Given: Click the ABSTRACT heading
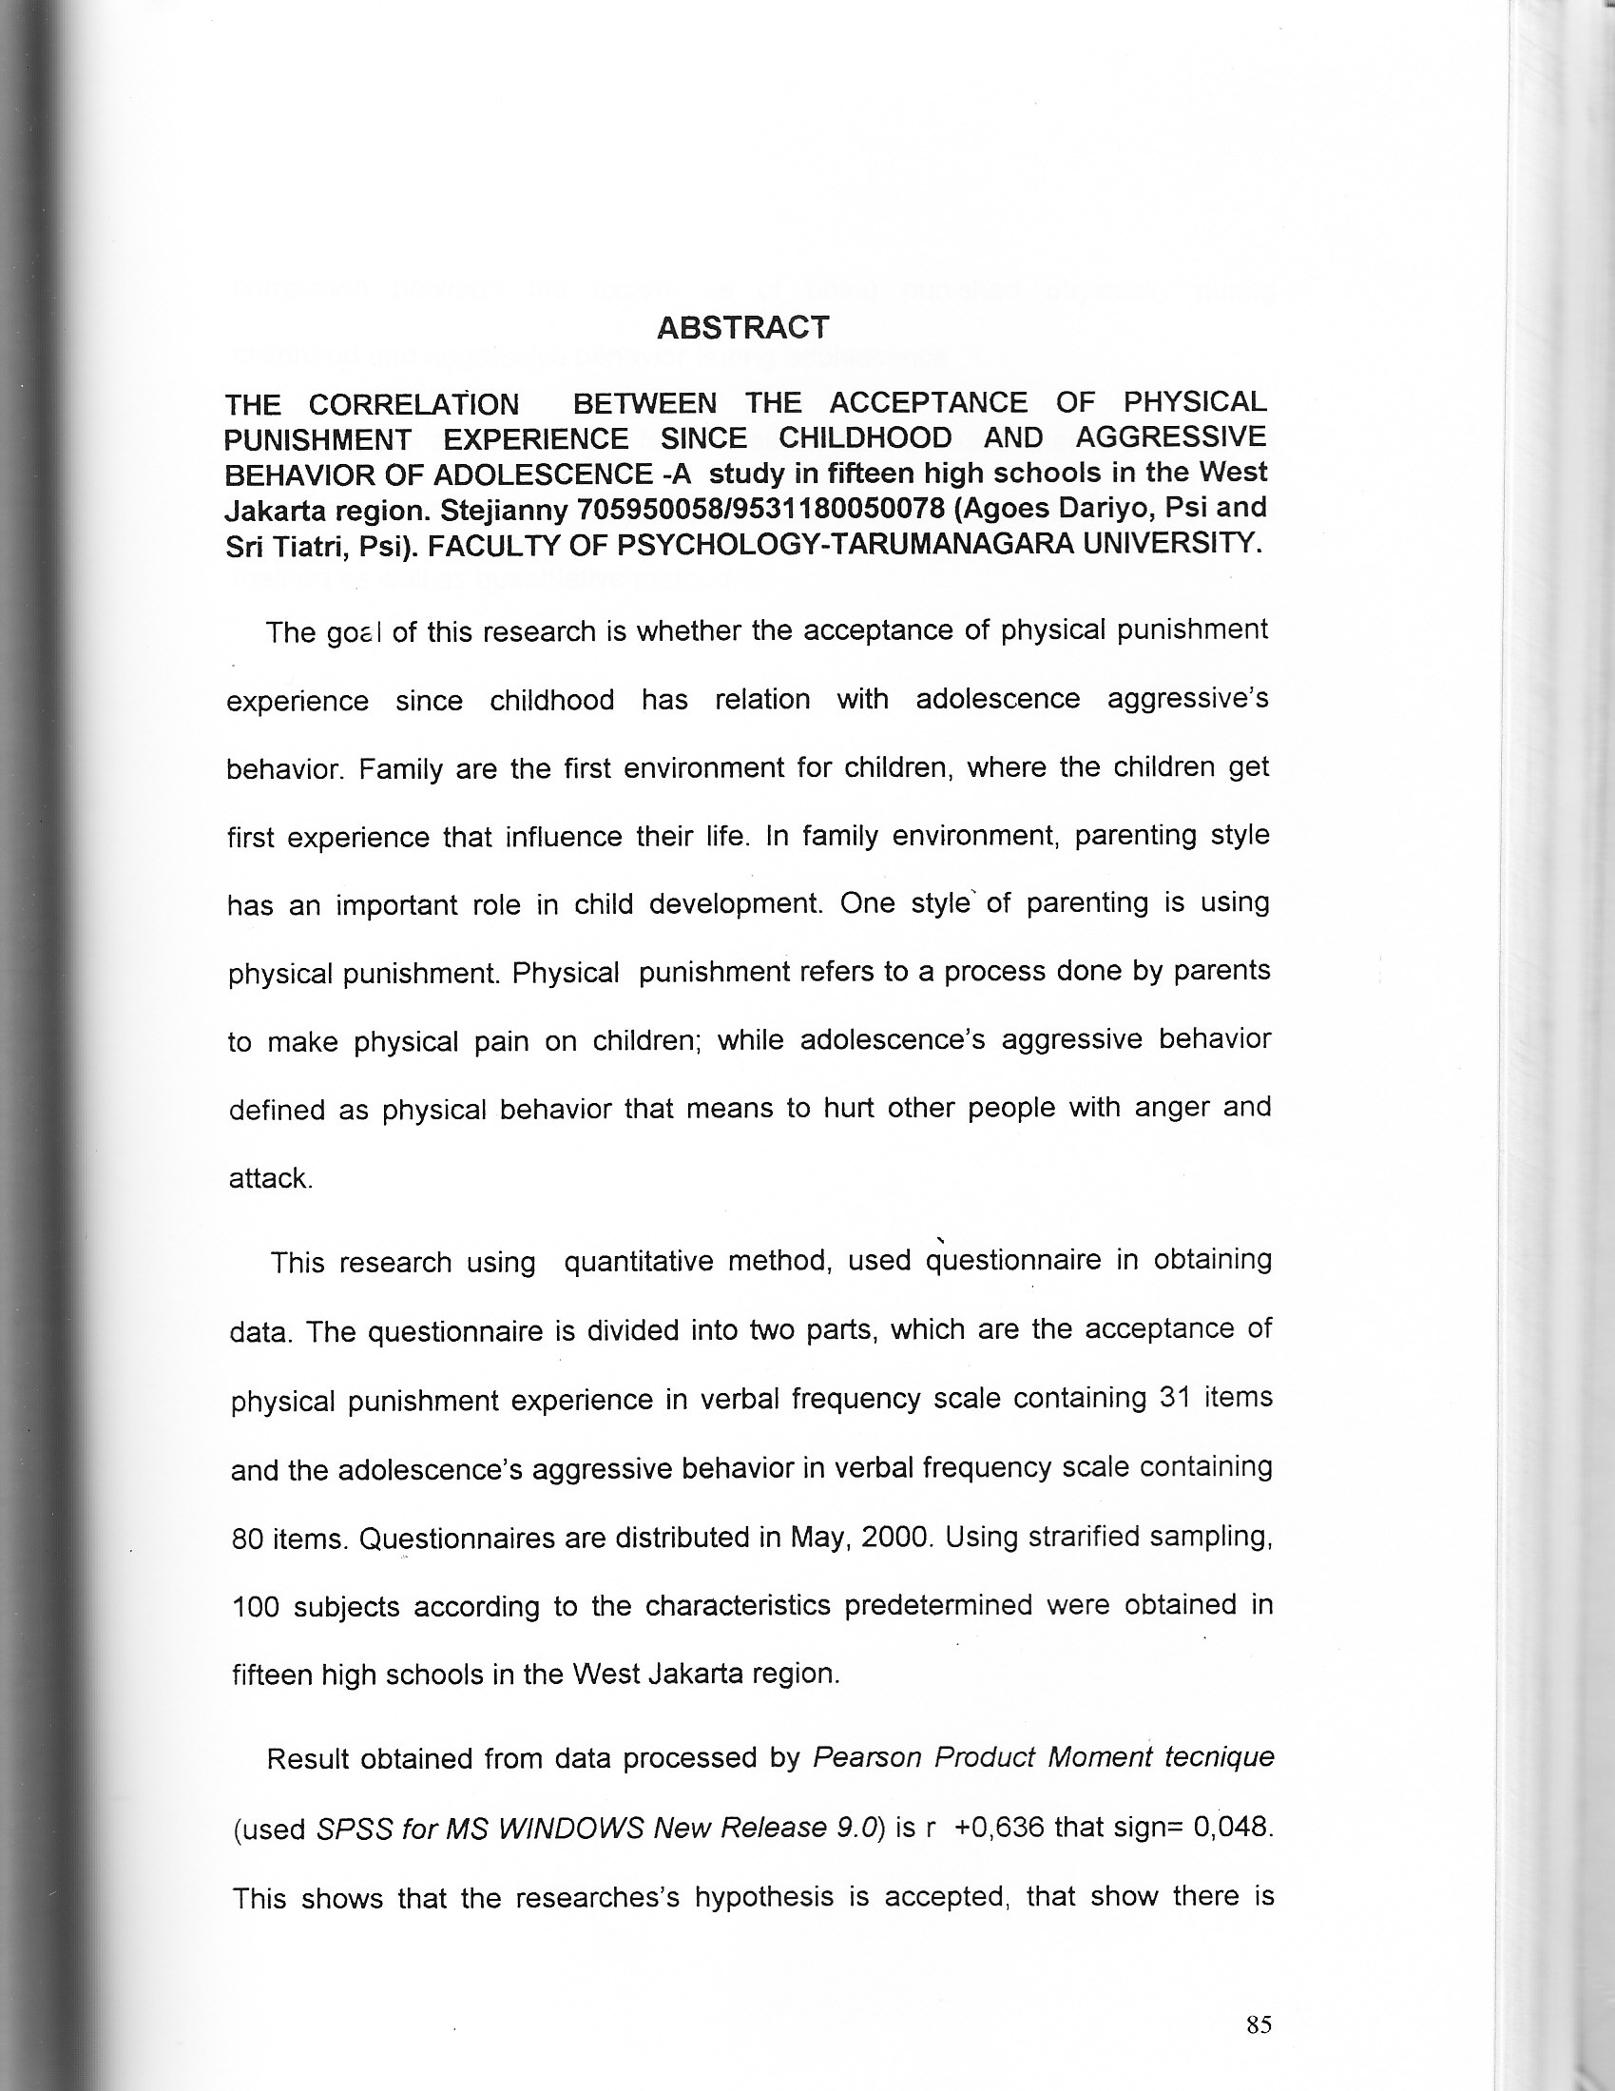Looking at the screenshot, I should point(742,327).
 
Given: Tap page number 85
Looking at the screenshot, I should point(1259,2023).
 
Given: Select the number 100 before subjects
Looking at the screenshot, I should point(256,1607).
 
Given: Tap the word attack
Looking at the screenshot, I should point(270,1178).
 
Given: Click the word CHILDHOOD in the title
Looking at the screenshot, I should point(864,437).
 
